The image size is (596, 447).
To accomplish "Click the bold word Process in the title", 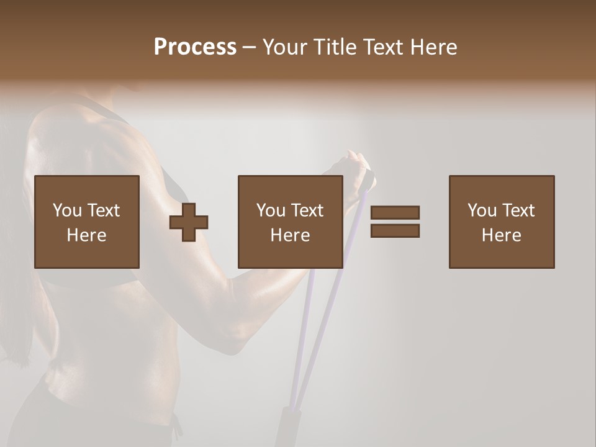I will [x=195, y=47].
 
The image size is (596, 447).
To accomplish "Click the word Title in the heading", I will [x=335, y=47].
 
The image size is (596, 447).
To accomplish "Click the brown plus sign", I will [x=189, y=222].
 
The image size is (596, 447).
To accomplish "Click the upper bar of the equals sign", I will [x=395, y=213].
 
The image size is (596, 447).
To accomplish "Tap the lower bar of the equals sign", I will [x=395, y=230].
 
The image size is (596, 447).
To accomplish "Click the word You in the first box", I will [x=67, y=210].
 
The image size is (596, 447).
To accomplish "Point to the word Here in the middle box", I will [x=291, y=235].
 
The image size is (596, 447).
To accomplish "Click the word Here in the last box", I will [x=502, y=235].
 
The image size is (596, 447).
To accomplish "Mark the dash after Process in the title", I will [x=250, y=47].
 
